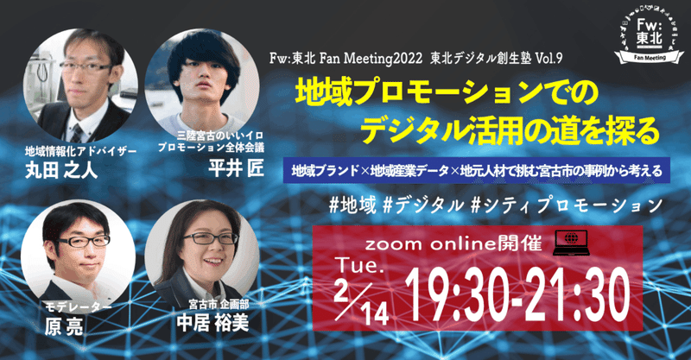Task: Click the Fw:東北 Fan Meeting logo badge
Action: click(649, 36)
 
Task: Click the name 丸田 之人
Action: click(61, 170)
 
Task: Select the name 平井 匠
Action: click(236, 168)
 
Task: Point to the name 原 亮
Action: click(64, 326)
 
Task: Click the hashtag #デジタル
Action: click(423, 205)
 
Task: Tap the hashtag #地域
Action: click(353, 205)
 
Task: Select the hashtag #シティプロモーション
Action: click(567, 205)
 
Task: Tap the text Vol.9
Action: click(548, 59)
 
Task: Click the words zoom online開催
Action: click(453, 243)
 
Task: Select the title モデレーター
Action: click(79, 307)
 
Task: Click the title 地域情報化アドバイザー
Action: click(80, 152)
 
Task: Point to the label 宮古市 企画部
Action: click(219, 304)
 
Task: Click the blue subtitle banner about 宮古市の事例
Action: click(477, 171)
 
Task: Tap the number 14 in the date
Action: click(376, 314)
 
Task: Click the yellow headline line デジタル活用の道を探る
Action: click(510, 129)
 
